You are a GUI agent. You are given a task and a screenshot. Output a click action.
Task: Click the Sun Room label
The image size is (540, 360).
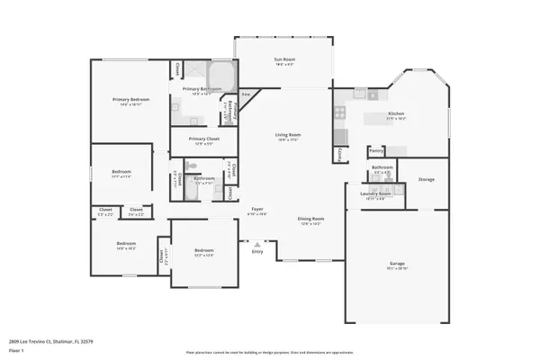(x=284, y=60)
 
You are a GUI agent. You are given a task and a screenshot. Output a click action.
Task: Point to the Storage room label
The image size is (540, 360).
(x=426, y=179)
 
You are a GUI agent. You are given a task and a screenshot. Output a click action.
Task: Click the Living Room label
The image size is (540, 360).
(x=287, y=135)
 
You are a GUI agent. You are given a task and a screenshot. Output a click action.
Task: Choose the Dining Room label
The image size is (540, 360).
(x=310, y=219)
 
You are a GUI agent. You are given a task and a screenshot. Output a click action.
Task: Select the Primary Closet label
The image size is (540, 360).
(x=203, y=139)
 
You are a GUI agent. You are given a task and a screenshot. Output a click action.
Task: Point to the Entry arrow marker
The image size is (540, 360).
(x=257, y=242)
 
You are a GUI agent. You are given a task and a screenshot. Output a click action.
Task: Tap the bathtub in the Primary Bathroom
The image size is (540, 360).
(x=220, y=74)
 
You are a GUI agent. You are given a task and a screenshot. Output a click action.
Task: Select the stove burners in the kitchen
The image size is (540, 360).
(x=340, y=112)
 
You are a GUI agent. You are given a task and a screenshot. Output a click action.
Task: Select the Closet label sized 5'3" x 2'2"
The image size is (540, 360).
(x=105, y=214)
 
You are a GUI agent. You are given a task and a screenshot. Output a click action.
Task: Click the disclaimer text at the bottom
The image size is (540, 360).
(x=270, y=352)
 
